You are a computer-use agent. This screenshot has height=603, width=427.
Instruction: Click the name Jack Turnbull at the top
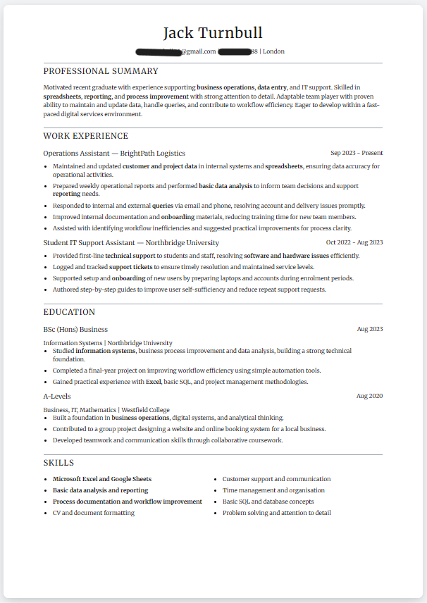213,33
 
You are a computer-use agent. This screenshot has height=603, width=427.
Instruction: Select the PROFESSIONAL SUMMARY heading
101,71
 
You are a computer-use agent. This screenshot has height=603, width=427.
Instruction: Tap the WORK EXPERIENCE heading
86,136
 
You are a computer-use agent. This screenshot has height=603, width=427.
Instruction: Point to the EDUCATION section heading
69,312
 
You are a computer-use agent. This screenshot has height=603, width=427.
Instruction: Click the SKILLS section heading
58,463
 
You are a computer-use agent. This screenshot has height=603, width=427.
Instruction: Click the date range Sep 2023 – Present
357,153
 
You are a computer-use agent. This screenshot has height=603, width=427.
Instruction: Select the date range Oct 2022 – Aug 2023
354,242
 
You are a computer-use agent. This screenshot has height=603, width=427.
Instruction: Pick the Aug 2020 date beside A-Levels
369,396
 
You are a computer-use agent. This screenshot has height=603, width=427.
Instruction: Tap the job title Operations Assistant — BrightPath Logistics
114,153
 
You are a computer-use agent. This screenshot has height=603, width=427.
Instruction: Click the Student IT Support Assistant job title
130,242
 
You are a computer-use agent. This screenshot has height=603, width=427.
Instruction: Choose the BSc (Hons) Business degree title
75,329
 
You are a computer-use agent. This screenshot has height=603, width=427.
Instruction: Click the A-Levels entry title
57,396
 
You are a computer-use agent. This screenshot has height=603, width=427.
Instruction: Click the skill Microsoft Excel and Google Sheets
102,479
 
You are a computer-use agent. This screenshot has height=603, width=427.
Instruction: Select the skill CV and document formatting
94,513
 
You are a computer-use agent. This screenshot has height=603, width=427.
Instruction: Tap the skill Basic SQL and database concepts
268,502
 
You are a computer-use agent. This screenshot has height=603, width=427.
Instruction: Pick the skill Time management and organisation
273,490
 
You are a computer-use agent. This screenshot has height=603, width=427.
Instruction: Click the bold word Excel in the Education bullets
153,382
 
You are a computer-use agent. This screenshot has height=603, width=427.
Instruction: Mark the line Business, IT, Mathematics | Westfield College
106,409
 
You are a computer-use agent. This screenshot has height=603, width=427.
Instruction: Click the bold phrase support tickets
130,267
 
